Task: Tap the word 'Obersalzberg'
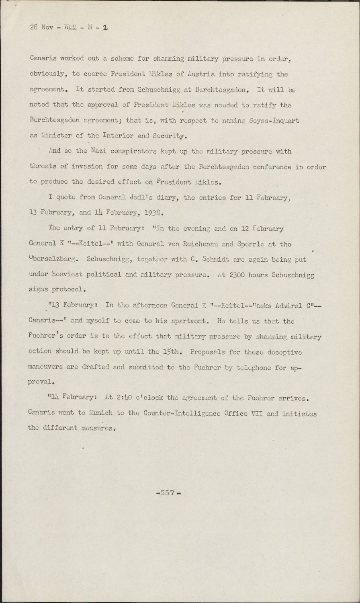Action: pos(55,260)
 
